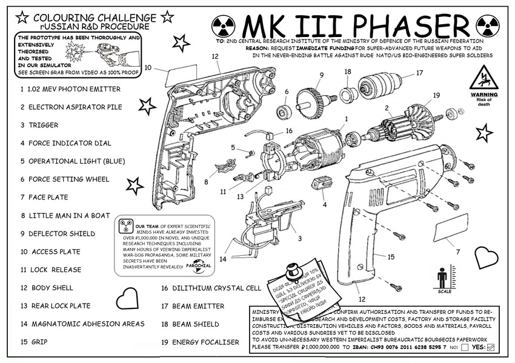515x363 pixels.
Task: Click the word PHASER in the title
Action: pos(403,26)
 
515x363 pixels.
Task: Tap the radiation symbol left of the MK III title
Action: pos(223,26)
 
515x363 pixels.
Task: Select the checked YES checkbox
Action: pos(491,347)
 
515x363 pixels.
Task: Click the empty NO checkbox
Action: pos(464,347)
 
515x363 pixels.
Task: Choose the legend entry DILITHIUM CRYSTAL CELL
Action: pos(211,288)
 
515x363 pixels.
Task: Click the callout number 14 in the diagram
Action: pos(223,259)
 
